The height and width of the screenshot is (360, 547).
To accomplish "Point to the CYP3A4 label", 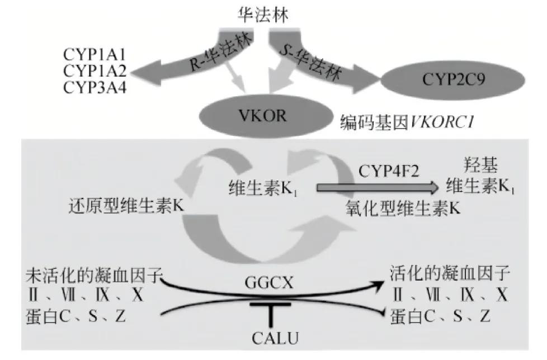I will click(95, 88).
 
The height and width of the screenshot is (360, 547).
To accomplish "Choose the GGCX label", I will click(273, 283).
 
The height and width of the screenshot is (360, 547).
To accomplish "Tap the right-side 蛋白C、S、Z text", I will click(442, 317).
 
